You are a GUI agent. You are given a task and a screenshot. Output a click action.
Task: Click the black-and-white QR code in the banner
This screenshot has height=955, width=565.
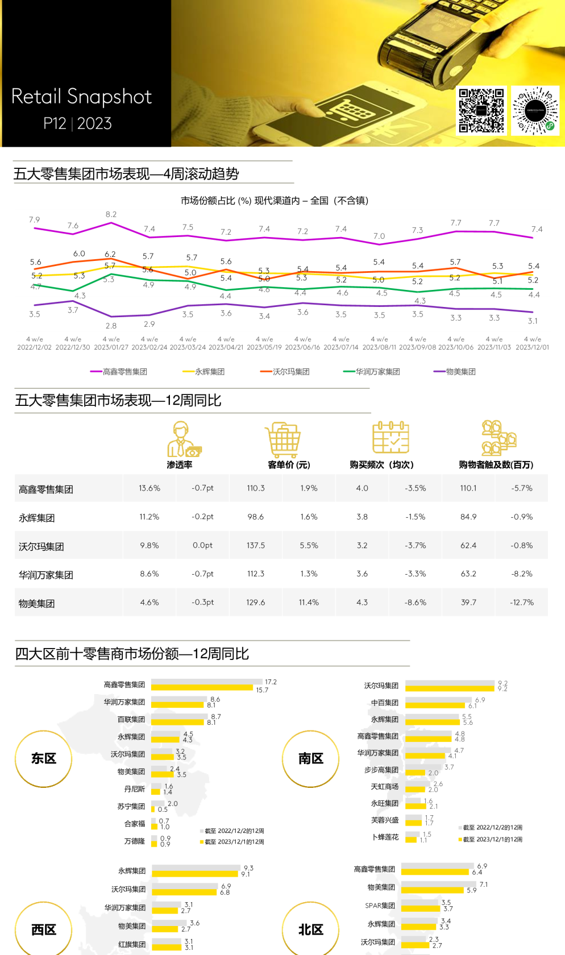tap(481, 110)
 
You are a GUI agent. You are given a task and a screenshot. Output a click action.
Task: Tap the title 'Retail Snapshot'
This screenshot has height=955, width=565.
tap(81, 97)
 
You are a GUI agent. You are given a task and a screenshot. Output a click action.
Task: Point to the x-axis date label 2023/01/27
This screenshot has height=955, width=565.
tap(111, 347)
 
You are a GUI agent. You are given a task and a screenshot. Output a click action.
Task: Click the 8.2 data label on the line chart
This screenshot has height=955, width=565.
tap(111, 214)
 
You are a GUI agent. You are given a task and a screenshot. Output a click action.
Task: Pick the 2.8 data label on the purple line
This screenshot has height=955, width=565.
tap(111, 326)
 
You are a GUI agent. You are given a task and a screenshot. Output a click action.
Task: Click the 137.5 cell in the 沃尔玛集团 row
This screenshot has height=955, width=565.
tap(256, 545)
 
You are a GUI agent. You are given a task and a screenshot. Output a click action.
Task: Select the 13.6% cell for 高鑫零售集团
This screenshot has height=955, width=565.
tap(149, 488)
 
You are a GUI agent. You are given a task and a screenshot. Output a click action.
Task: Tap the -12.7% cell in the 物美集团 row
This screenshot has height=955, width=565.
tap(522, 602)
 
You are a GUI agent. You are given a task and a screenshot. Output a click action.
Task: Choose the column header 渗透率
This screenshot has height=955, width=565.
tap(180, 464)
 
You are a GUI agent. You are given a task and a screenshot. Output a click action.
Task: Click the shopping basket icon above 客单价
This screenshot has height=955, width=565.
tap(283, 439)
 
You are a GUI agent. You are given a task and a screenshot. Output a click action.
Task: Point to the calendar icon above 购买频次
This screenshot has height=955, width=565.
tap(390, 438)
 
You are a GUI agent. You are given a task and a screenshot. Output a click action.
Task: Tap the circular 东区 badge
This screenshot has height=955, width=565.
tap(44, 759)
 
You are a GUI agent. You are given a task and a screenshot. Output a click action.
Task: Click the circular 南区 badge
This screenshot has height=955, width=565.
tap(311, 759)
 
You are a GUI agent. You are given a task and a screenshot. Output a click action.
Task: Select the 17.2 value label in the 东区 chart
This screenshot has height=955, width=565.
tap(271, 682)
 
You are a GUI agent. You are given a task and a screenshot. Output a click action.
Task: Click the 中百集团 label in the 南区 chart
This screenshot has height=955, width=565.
tap(385, 703)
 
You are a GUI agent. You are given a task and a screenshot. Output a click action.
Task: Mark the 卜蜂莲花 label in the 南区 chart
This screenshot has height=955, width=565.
tap(385, 837)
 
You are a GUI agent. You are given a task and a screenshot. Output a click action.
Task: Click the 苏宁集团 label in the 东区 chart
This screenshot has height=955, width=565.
tap(131, 806)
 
